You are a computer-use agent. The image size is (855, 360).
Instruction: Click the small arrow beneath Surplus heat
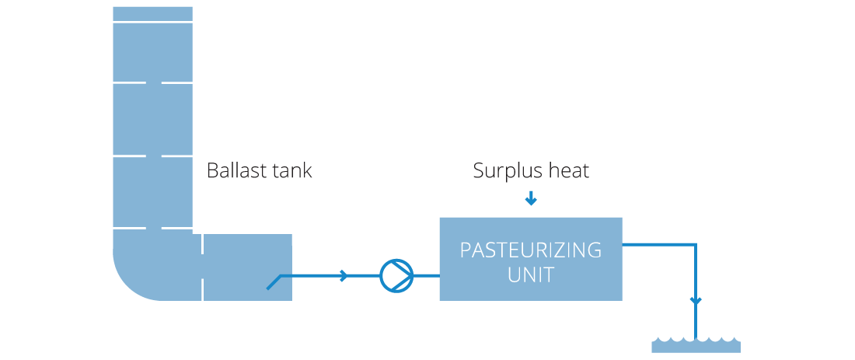click(x=531, y=200)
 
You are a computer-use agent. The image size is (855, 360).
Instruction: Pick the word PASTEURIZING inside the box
click(x=531, y=250)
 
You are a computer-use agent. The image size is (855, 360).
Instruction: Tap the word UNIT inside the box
click(x=531, y=275)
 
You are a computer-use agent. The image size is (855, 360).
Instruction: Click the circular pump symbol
click(x=396, y=276)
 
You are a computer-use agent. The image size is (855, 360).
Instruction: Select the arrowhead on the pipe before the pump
click(x=344, y=276)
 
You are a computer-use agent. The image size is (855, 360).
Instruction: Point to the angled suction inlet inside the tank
click(x=274, y=282)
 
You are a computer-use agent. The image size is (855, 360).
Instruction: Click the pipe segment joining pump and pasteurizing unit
click(x=426, y=276)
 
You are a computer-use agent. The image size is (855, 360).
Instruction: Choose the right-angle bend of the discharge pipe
click(x=696, y=244)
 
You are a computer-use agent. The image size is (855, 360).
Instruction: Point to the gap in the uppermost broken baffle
click(x=153, y=82)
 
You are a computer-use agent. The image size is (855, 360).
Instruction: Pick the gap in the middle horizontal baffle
click(x=153, y=157)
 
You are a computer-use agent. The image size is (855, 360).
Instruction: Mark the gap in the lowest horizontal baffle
click(x=153, y=229)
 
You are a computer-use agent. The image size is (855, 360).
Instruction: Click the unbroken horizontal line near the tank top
click(x=152, y=22)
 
